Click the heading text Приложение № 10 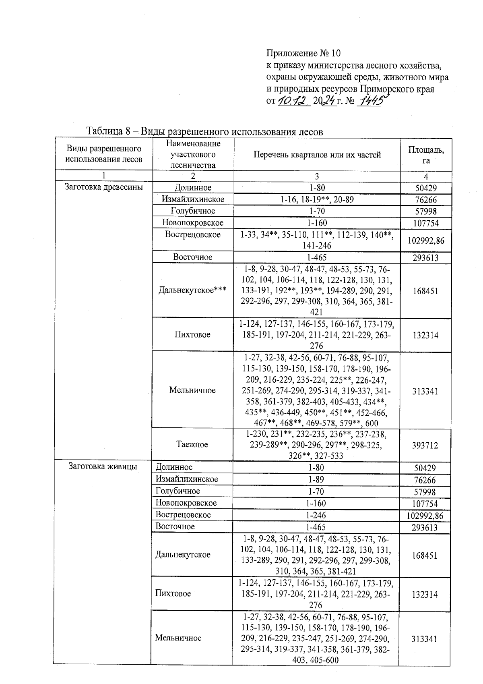coord(303,53)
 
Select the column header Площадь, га coord(426,155)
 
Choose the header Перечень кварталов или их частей coord(317,155)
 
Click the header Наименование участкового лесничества coord(193,154)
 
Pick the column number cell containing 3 coord(317,176)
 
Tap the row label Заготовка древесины coord(104,187)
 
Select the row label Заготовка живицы coord(103,466)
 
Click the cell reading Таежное coord(192,444)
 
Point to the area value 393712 coord(425,445)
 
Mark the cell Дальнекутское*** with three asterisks coord(192,290)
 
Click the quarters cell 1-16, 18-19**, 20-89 coord(317,199)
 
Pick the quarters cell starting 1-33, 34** coord(317,240)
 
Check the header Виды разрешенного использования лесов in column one coord(104,154)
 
